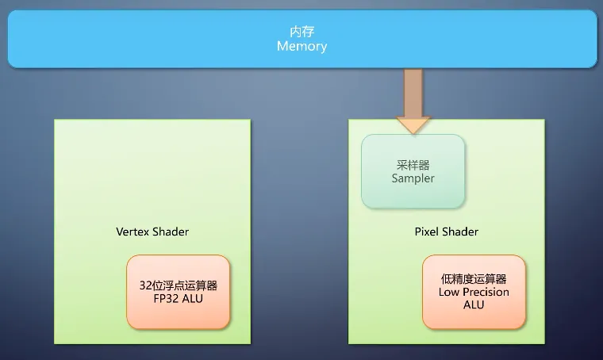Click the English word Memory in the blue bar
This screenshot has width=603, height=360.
(301, 47)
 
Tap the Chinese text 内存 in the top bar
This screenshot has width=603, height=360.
(301, 33)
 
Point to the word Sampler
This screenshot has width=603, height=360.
(413, 178)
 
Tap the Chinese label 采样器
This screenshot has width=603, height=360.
(413, 165)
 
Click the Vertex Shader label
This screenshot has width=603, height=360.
(152, 232)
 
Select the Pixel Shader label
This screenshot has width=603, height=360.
(447, 232)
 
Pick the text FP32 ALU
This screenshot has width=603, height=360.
(179, 299)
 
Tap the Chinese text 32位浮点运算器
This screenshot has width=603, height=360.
(179, 285)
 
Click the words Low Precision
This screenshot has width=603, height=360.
(474, 292)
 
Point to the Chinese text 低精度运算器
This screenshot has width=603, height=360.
(474, 279)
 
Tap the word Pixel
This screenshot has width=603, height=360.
(428, 232)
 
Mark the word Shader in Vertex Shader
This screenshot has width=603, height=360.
(171, 232)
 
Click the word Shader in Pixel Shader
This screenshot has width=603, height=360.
(462, 232)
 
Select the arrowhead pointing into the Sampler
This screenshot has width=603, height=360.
(413, 124)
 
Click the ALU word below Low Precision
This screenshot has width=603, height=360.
(474, 304)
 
